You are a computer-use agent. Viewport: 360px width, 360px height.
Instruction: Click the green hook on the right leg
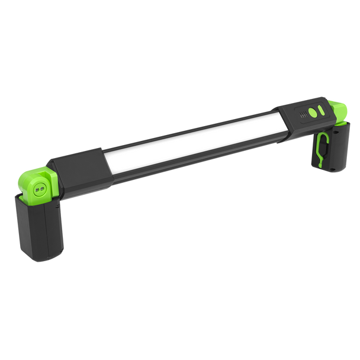320,145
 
